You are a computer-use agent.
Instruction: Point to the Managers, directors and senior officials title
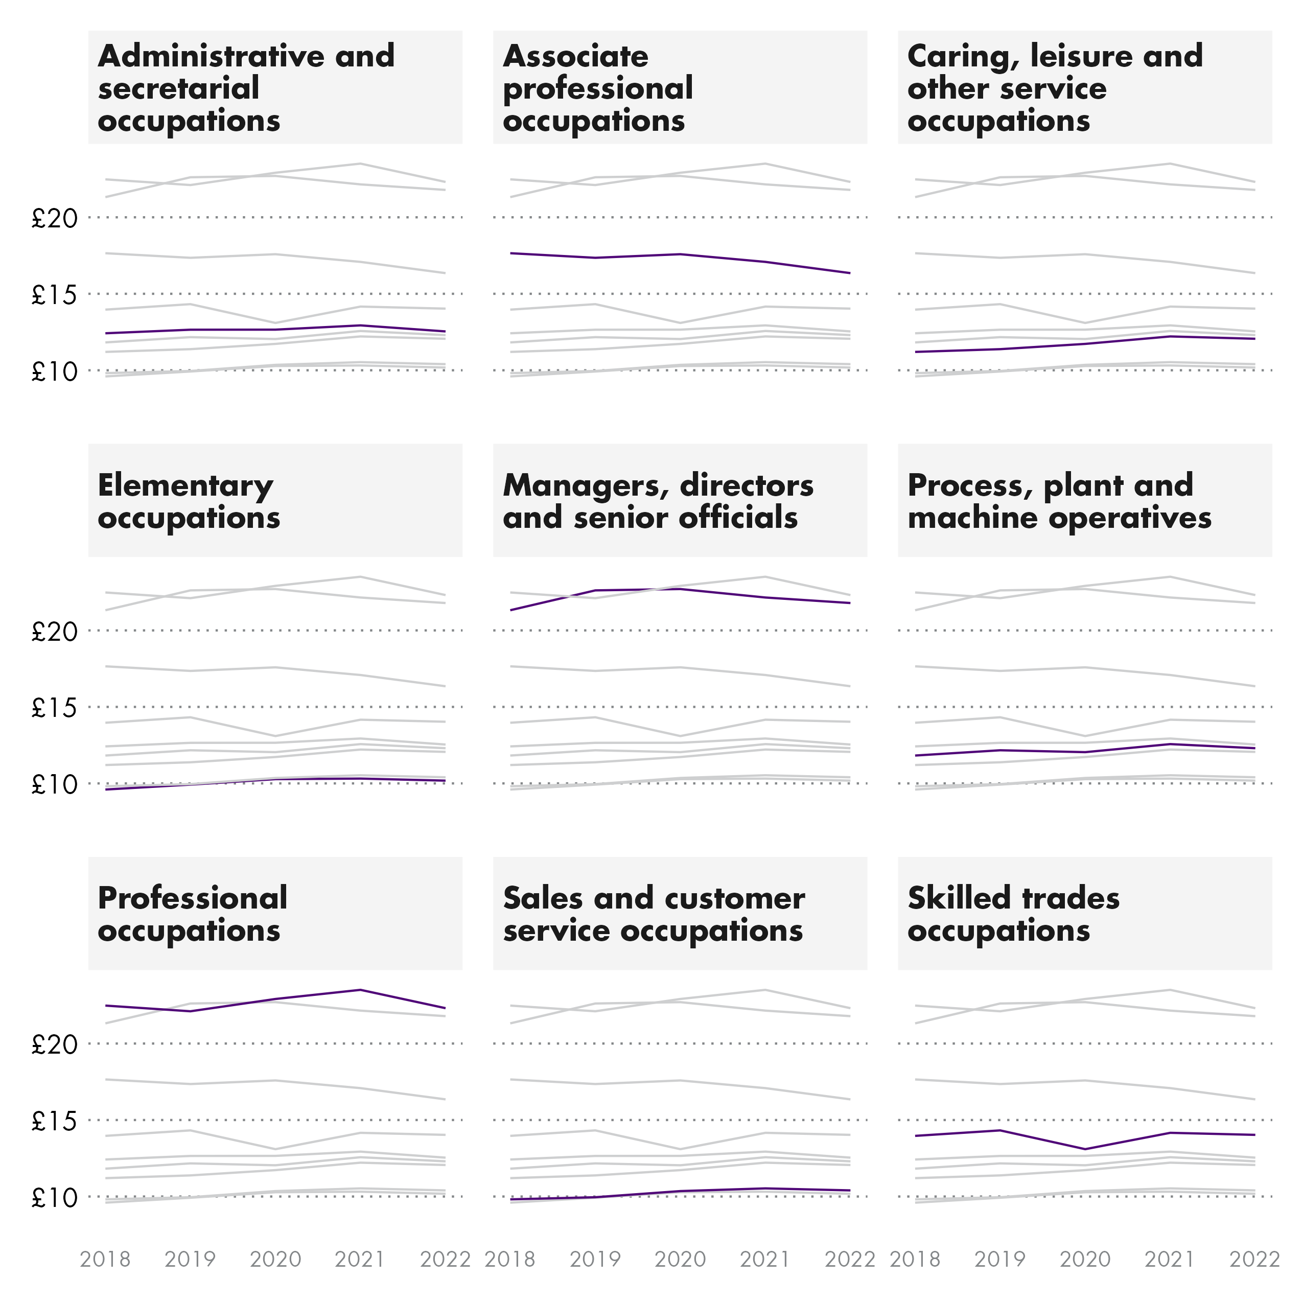[658, 501]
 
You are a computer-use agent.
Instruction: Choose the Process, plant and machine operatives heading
[1059, 501]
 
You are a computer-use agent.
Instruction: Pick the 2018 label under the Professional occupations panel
[105, 1259]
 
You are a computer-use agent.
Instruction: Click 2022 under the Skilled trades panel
[1254, 1259]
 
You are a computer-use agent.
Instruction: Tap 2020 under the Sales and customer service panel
[680, 1259]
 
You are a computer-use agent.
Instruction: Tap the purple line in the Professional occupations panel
[275, 999]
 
